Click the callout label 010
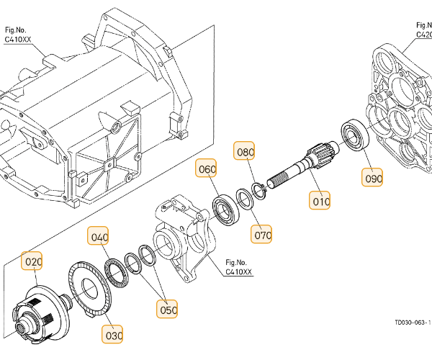tap(321, 202)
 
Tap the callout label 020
tap(33, 261)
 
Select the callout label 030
tap(114, 335)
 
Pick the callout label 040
tap(99, 236)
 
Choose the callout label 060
tap(207, 170)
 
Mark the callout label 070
tap(262, 234)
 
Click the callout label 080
tap(245, 152)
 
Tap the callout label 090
tap(373, 177)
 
